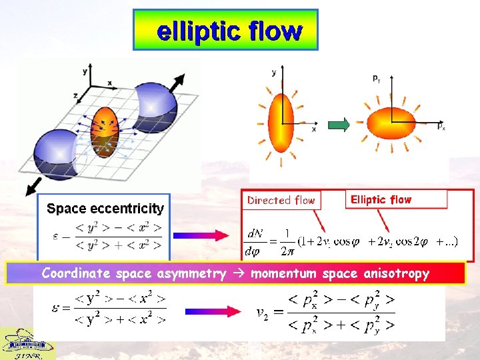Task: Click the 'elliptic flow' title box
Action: pos(225,30)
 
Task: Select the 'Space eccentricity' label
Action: pos(105,209)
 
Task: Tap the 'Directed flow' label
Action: pos(281,199)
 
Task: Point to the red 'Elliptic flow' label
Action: pos(381,199)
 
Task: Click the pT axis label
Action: pos(377,78)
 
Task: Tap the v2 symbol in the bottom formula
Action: pos(264,313)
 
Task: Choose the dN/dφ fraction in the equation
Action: pos(255,242)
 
